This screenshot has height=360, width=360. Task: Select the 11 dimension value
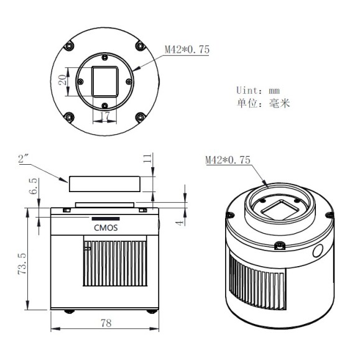click(147, 160)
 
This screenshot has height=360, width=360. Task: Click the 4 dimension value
click(178, 219)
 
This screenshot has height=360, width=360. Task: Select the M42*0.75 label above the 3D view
click(227, 160)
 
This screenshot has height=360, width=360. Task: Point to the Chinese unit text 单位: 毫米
click(264, 103)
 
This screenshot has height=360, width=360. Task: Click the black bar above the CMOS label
click(104, 219)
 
